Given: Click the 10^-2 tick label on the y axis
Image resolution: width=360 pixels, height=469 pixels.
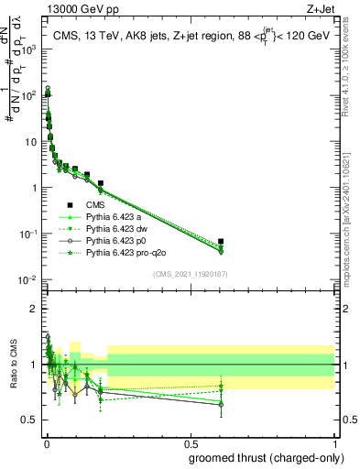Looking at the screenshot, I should coord(27,279).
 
